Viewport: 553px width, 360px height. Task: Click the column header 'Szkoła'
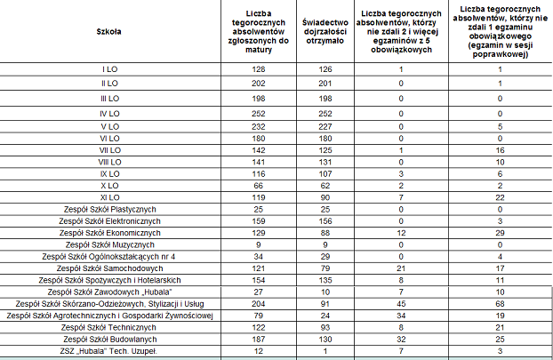coord(109,30)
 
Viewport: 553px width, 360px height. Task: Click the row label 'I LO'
coord(109,68)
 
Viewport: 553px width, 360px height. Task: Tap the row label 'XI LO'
coord(109,196)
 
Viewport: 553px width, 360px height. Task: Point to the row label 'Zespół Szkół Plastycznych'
coord(109,209)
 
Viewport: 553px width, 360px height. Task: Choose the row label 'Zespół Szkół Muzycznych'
coord(109,244)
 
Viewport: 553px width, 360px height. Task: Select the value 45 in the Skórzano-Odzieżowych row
coord(401,303)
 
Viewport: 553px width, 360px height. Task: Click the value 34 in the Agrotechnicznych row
coord(401,316)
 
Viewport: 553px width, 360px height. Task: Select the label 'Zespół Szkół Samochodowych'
coord(109,268)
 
